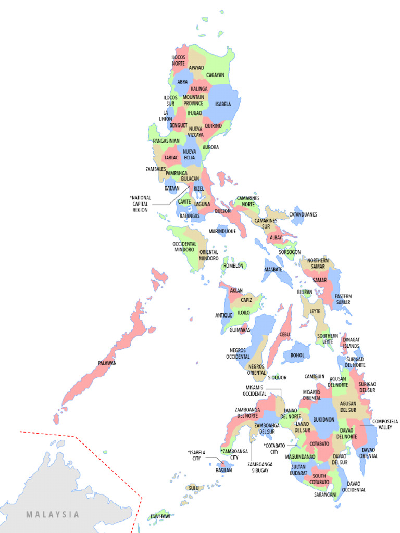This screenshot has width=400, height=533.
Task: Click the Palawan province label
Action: [107, 363]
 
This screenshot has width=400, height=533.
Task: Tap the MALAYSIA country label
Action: [53, 514]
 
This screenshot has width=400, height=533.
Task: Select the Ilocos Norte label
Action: [178, 60]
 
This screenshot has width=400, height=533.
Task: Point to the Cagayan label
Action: [215, 75]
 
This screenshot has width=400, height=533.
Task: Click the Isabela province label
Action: [223, 104]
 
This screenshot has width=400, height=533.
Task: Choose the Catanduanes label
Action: [303, 214]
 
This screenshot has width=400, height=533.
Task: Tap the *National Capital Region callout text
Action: [140, 204]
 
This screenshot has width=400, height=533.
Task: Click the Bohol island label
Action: [297, 356]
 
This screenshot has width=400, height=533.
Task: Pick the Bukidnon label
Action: [324, 420]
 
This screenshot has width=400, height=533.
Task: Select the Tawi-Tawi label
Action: [160, 516]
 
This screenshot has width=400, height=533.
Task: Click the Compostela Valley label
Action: [385, 424]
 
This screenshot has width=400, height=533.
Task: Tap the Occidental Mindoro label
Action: [184, 246]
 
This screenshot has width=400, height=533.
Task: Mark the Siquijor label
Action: [278, 377]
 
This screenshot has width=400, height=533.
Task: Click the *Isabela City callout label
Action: [196, 455]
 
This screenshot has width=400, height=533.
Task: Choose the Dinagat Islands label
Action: [351, 342]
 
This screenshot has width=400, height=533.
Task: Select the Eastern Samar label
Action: [343, 299]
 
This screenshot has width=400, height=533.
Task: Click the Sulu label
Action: [194, 488]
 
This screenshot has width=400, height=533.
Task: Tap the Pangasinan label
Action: [166, 141]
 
